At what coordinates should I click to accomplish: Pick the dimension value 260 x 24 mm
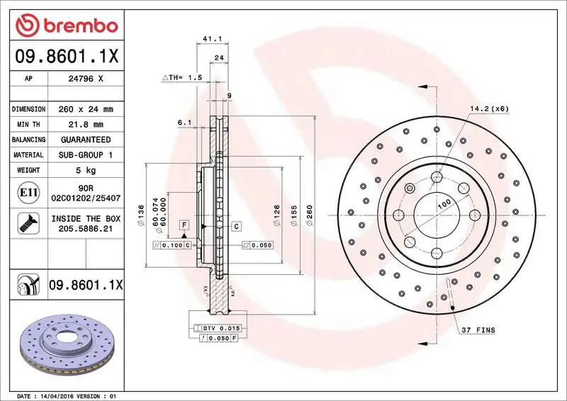click(x=86, y=110)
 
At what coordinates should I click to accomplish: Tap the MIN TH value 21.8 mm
click(x=86, y=125)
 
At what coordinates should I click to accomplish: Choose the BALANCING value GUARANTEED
click(x=86, y=140)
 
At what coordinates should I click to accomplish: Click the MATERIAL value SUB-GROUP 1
click(x=86, y=154)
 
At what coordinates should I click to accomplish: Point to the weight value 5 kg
click(x=86, y=170)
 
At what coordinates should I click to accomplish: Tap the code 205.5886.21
click(x=86, y=230)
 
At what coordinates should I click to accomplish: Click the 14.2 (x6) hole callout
click(x=489, y=108)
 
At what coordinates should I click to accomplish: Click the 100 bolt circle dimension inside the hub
click(x=444, y=204)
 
